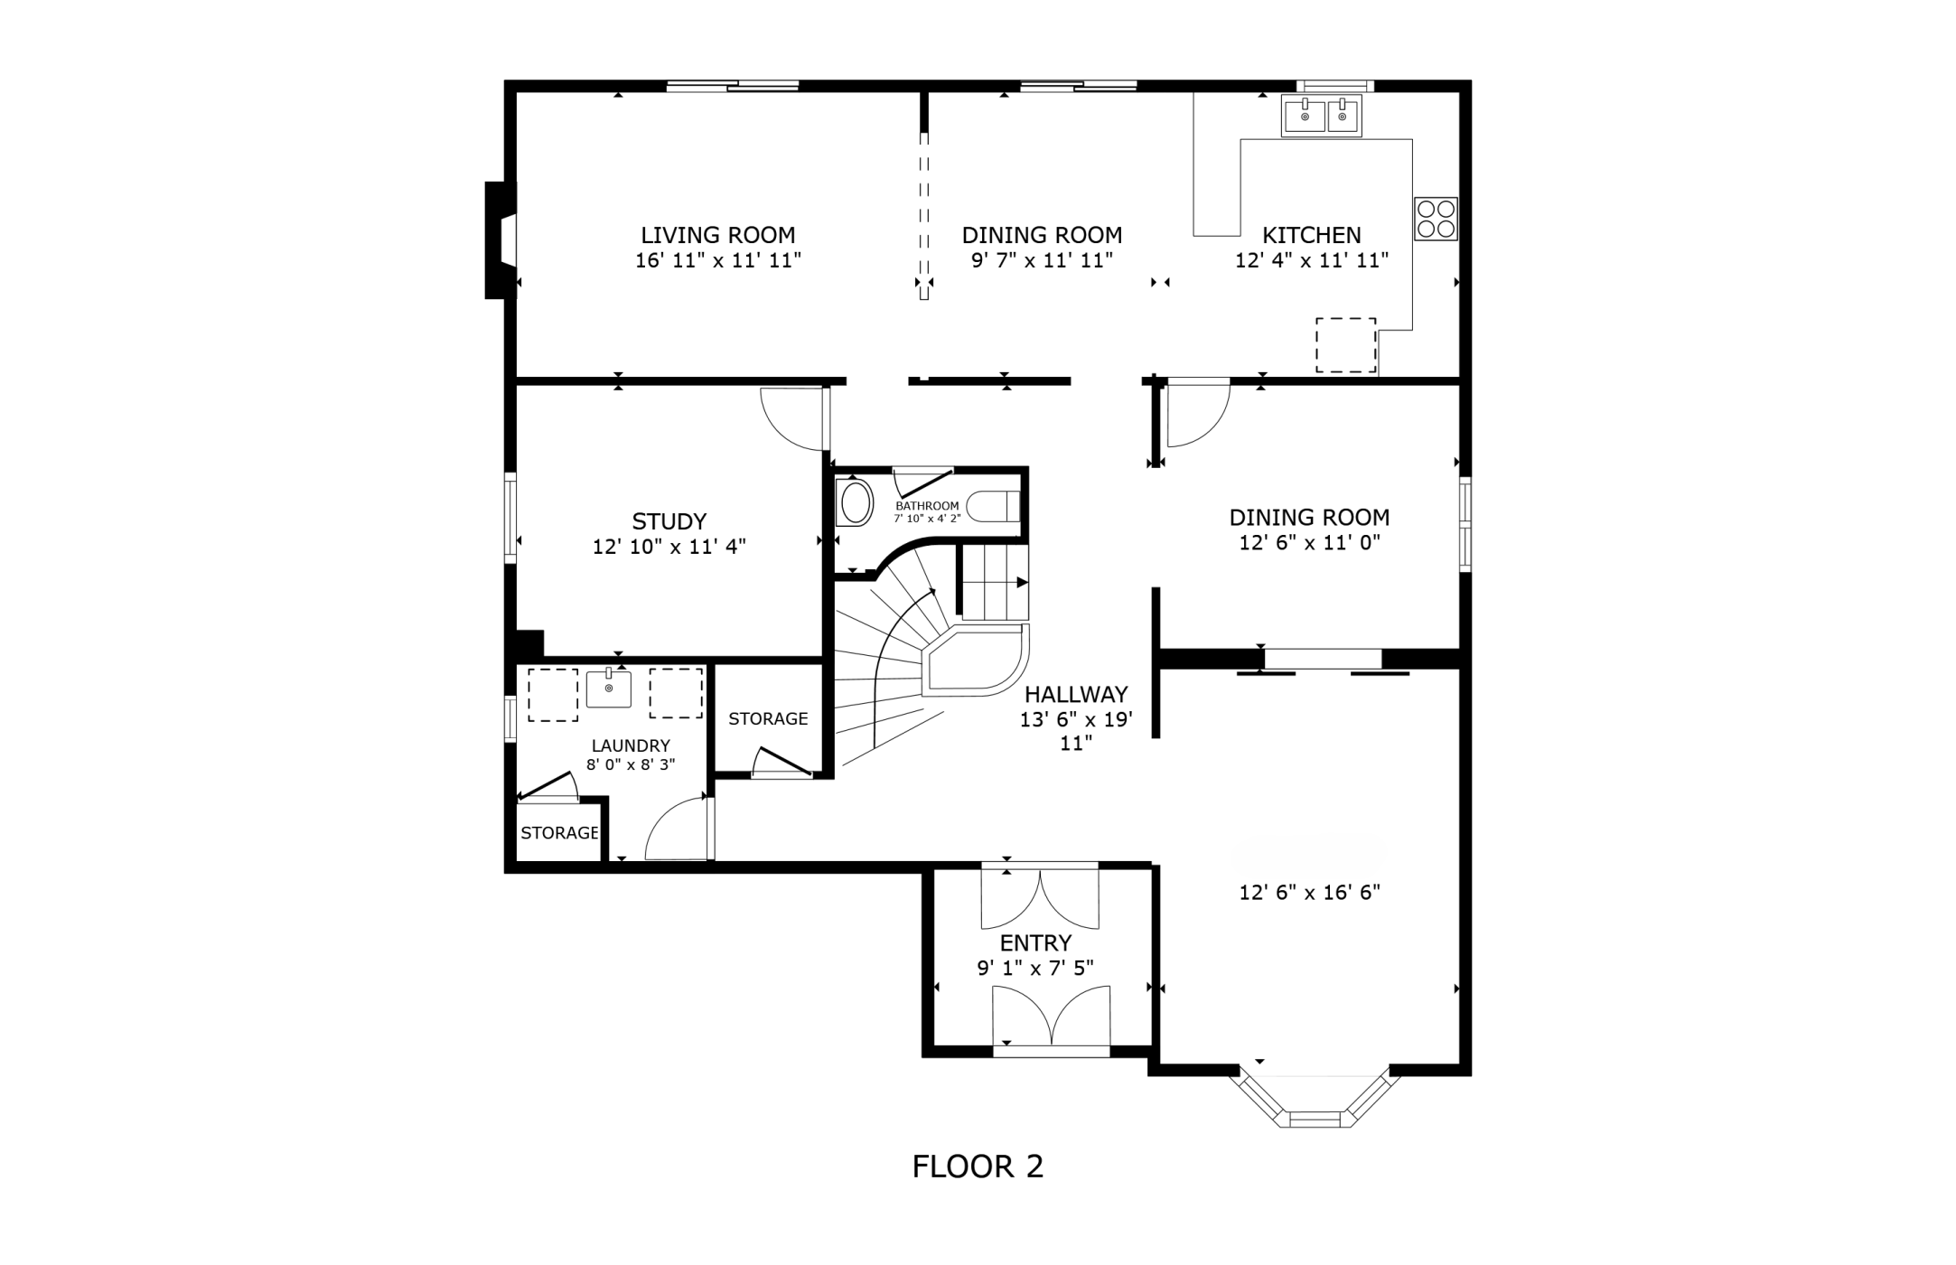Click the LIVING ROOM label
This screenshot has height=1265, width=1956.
[x=718, y=236]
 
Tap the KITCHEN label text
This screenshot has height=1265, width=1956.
[x=1311, y=236]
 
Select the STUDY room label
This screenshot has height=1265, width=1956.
[x=669, y=521]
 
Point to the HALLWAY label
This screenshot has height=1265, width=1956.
[x=1076, y=695]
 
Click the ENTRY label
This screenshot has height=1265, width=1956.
[x=1035, y=943]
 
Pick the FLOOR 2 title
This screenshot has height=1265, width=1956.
[x=978, y=1167]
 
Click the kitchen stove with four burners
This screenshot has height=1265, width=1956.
[x=1436, y=219]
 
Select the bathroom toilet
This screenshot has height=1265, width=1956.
[x=994, y=505]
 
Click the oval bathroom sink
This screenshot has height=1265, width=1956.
[x=856, y=503]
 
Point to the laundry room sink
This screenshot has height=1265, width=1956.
[x=608, y=689]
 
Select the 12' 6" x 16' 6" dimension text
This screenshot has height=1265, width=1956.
[x=1310, y=893]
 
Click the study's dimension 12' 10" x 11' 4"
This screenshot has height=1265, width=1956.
[x=669, y=547]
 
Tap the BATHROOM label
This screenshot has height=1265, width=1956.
[x=927, y=506]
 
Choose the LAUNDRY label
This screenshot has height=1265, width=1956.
[x=631, y=746]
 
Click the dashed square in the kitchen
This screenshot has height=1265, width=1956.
[x=1345, y=345]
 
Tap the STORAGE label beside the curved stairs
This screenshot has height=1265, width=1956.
[x=768, y=719]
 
